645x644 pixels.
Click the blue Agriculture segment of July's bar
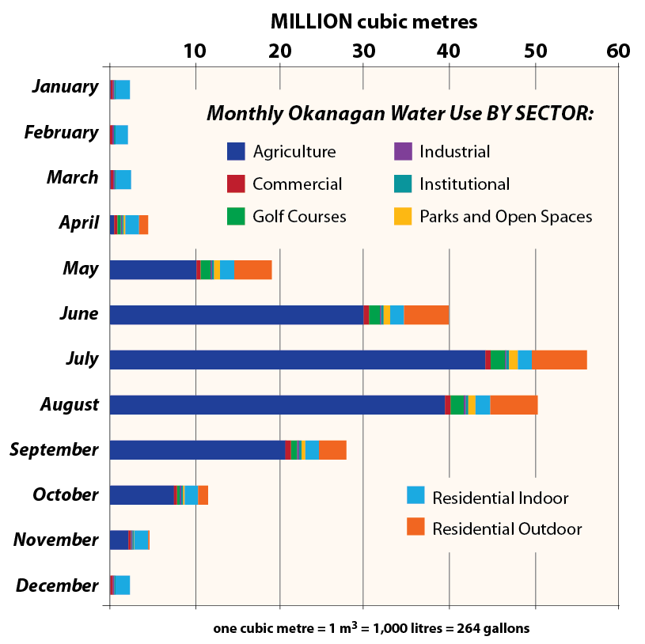(297, 359)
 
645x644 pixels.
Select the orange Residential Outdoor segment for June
(427, 314)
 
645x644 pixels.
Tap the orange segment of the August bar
(514, 404)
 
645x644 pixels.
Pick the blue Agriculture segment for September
(197, 449)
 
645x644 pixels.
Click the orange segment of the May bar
(252, 269)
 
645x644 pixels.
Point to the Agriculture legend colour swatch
(236, 152)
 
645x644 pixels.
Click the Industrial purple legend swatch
(403, 152)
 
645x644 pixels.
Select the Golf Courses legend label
(299, 216)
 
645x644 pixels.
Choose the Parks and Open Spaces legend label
(506, 216)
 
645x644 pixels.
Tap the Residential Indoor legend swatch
(415, 496)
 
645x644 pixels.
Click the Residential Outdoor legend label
(507, 528)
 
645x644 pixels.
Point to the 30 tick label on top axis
(363, 51)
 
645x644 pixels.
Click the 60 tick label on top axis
(617, 51)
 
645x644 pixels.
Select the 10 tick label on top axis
(195, 51)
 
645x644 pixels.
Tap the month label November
(55, 540)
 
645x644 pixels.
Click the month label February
(61, 132)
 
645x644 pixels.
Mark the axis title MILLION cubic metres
(374, 21)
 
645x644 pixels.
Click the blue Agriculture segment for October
(141, 495)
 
